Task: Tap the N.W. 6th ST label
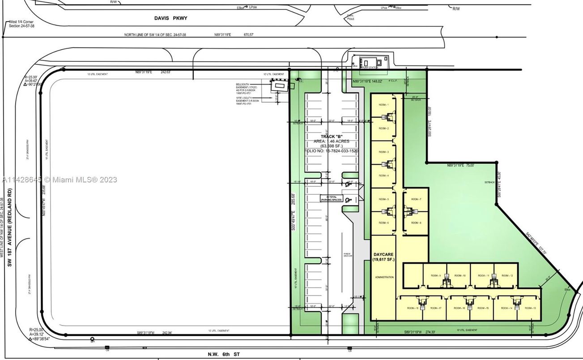224,354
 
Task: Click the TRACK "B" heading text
331,136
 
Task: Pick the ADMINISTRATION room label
384,277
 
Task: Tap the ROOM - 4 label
384,176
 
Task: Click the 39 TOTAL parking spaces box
331,198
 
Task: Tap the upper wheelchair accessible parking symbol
348,184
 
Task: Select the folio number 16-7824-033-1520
332,151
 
